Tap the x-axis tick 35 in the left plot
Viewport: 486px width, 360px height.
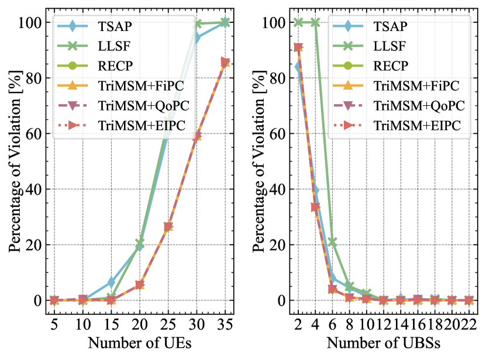pos(225,323)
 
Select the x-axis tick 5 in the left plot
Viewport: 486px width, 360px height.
pos(54,323)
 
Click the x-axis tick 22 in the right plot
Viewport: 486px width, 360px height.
pos(468,323)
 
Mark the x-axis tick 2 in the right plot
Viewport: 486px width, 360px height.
pos(299,323)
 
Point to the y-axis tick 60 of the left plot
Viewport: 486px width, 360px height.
pos(35,134)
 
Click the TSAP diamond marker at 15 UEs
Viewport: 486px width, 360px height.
pos(111,283)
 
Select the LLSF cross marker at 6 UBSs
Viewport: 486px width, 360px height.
pos(333,242)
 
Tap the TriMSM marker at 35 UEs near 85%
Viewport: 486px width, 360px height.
pos(225,63)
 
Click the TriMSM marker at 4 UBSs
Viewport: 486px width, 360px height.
pos(316,206)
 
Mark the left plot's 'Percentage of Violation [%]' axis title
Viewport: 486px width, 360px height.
pos(14,161)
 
